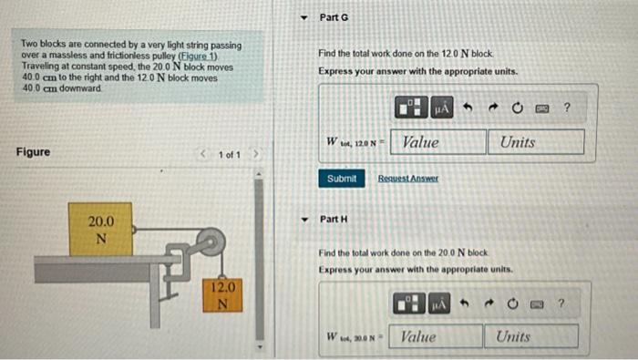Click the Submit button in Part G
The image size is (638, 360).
[342, 179]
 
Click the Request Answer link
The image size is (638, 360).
[408, 179]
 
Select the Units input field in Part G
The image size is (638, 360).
[536, 142]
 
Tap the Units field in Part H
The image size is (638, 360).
[532, 336]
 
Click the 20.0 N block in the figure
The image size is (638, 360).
[101, 230]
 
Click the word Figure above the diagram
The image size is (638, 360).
[34, 152]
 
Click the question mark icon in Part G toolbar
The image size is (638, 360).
[567, 109]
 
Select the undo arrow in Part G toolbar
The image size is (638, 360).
[467, 109]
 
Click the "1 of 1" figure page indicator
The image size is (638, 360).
[229, 154]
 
